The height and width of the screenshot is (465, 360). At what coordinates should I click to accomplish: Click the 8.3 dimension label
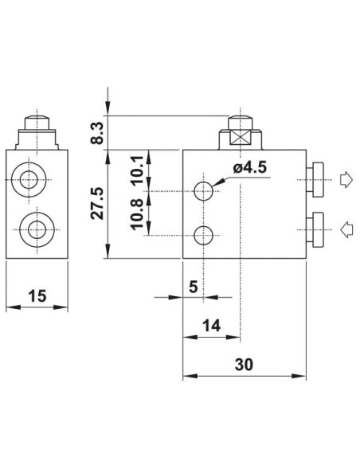[97, 132]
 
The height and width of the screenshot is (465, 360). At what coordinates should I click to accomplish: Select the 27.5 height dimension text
[97, 203]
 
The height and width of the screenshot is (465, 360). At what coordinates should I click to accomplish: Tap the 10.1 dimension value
[138, 170]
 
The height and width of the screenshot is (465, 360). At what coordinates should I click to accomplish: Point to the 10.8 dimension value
[138, 215]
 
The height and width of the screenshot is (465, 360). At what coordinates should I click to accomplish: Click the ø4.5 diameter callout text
[250, 168]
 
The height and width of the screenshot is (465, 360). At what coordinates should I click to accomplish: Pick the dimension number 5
[193, 287]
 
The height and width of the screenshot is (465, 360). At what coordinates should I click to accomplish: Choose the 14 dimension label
[211, 326]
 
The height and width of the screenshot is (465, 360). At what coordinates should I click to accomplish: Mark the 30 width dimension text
[244, 365]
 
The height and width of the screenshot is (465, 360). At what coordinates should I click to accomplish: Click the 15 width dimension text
[37, 296]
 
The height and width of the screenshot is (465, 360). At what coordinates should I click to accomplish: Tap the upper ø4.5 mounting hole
[203, 191]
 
